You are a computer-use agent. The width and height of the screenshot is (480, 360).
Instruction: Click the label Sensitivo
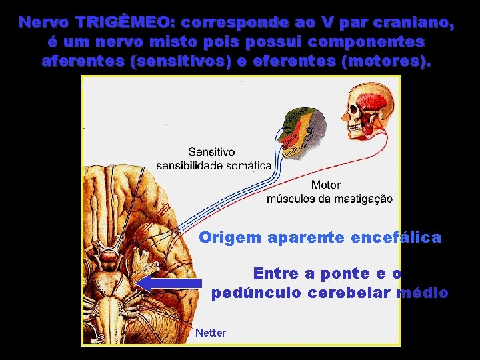coord(211,152)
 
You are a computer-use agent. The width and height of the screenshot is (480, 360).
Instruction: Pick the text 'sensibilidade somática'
coord(214,165)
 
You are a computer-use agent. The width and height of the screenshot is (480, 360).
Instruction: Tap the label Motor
coord(326,185)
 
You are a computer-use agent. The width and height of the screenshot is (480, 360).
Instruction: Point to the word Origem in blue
coord(229,237)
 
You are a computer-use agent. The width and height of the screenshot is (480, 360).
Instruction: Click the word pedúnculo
coord(256,293)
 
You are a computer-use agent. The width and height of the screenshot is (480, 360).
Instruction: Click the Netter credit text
coord(211,333)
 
